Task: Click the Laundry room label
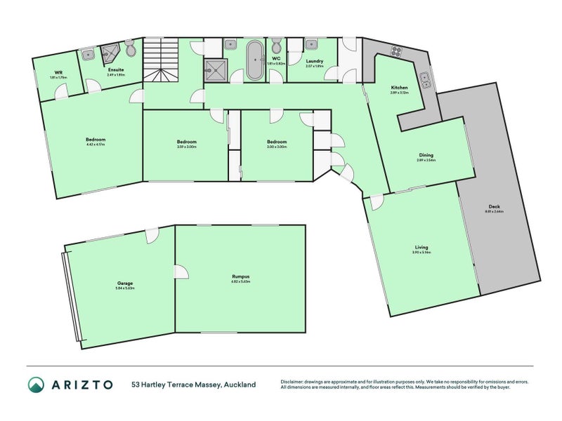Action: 314,61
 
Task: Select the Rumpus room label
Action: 240,276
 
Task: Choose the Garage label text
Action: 124,283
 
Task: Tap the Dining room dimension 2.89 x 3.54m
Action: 426,160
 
